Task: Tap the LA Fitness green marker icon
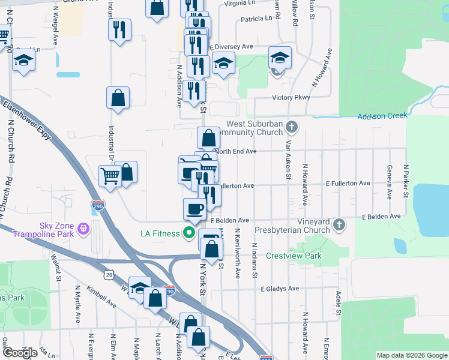point(190,233)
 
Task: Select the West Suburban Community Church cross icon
point(292,127)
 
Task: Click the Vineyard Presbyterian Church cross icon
point(340,225)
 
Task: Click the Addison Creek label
point(382,116)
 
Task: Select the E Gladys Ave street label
point(280,289)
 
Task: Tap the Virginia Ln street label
point(243,2)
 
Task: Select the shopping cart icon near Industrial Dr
point(110,176)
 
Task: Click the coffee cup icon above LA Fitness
point(194,209)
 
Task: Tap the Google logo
point(20,352)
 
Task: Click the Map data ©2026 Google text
point(411,355)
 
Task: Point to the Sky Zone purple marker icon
point(83,229)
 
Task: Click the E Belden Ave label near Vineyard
point(381,216)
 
